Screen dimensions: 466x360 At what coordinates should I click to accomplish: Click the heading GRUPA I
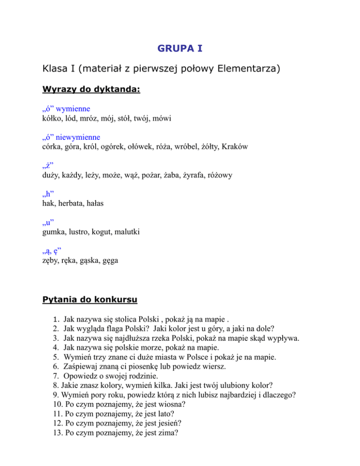point(180,48)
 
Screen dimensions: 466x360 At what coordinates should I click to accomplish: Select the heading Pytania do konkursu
point(90,299)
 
